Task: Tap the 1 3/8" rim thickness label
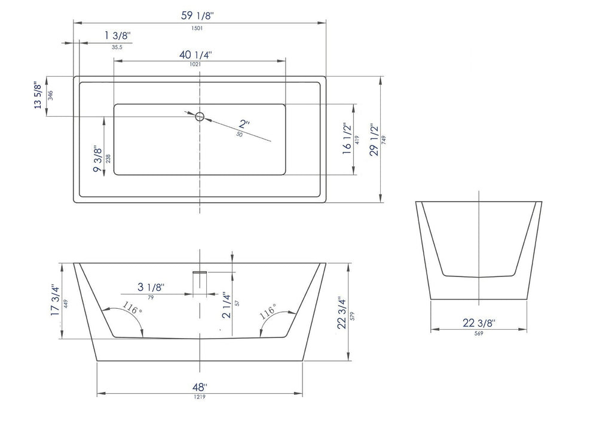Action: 117,36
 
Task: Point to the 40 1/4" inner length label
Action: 195,54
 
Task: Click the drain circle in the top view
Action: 200,115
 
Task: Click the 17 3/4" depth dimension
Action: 55,300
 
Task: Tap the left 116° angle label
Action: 132,309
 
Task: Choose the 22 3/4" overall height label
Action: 341,313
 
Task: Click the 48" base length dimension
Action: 199,386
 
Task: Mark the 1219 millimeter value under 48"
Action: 199,397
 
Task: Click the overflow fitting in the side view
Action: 199,272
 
